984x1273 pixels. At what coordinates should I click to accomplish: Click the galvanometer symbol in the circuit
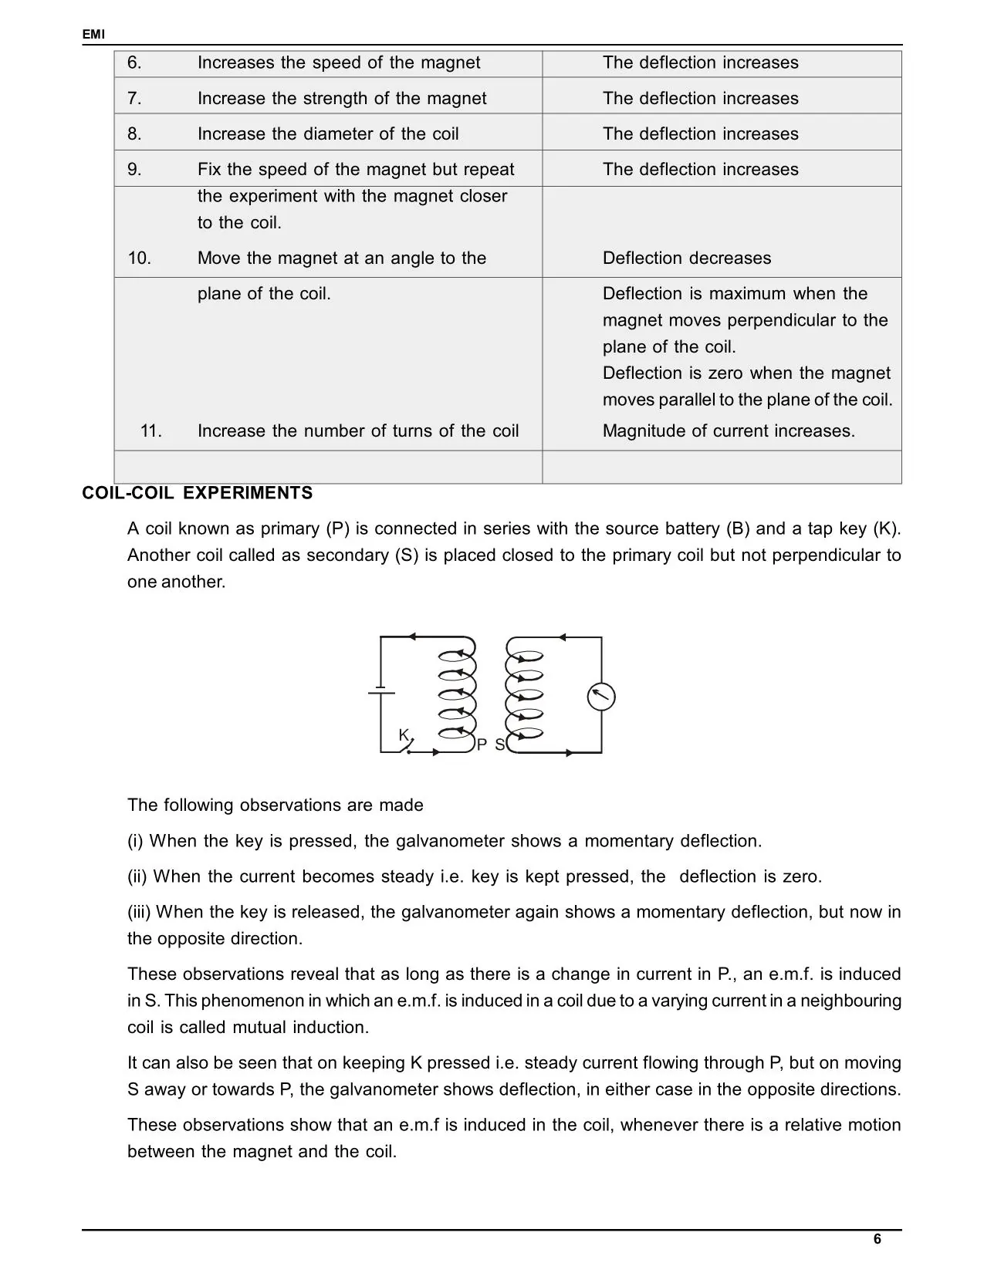(601, 697)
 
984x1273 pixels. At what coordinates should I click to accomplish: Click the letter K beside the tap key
(403, 735)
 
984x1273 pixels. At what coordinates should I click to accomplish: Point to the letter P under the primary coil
(482, 745)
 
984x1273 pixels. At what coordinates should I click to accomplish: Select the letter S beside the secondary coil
(499, 745)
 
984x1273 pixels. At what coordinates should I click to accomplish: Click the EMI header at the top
(93, 35)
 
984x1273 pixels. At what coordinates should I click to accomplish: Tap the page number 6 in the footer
(877, 1239)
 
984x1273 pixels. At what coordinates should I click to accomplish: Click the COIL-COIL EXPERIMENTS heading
(198, 493)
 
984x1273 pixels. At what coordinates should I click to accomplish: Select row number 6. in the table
(134, 63)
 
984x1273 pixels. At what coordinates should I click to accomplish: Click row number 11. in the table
(151, 431)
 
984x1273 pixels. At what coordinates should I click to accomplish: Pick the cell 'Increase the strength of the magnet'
(342, 99)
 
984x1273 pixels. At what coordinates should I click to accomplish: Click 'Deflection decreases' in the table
(686, 258)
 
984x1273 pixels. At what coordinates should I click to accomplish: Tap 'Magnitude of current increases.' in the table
(729, 431)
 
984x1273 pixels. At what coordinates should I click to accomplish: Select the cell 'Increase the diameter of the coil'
(328, 134)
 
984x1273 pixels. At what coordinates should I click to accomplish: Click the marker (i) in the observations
(136, 841)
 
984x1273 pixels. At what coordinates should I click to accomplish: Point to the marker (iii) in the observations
(140, 912)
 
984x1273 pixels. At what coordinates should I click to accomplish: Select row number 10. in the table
(139, 258)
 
